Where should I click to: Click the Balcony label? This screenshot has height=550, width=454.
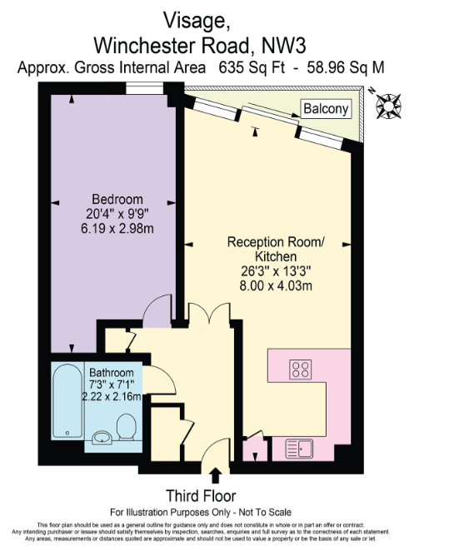326,109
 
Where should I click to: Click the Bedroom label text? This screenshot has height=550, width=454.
117,199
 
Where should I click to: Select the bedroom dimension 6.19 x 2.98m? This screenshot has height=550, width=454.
117,227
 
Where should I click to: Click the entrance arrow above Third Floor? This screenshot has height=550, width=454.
217,475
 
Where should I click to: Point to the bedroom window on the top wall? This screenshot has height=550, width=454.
142,88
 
